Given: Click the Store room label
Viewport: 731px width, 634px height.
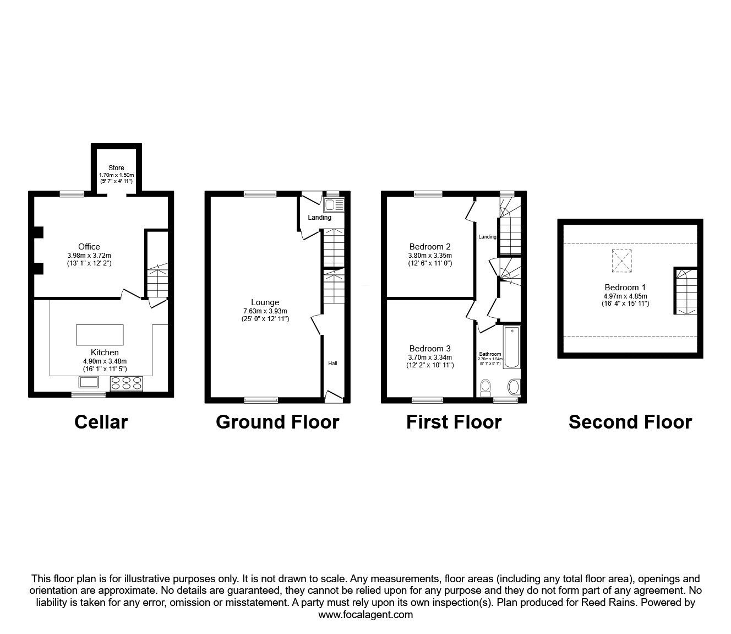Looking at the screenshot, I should [x=116, y=167].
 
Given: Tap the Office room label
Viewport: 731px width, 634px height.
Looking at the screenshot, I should [x=89, y=246].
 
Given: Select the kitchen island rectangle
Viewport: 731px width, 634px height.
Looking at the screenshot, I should [x=100, y=335].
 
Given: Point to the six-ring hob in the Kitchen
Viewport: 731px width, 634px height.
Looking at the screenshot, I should [x=127, y=383].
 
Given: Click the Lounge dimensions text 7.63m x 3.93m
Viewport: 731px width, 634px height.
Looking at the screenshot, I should [x=265, y=311].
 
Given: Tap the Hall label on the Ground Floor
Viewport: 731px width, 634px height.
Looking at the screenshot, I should [x=333, y=364].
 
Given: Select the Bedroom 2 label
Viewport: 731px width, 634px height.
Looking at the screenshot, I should [x=430, y=246].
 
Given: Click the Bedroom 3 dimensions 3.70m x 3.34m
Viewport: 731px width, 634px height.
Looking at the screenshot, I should [x=430, y=357].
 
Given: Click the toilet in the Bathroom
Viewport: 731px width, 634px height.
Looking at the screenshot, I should [x=485, y=388].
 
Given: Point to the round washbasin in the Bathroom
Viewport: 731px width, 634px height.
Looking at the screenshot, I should [x=513, y=387].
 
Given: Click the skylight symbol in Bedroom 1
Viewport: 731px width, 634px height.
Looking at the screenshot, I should [x=622, y=261].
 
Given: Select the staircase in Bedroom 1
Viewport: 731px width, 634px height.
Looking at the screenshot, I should [x=685, y=291].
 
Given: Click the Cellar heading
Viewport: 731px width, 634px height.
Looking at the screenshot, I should [x=101, y=422].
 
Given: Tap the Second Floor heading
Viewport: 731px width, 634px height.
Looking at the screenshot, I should [x=630, y=422].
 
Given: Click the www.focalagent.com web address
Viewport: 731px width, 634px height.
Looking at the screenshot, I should [x=365, y=615].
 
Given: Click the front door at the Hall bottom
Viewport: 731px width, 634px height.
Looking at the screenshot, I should [x=332, y=394].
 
